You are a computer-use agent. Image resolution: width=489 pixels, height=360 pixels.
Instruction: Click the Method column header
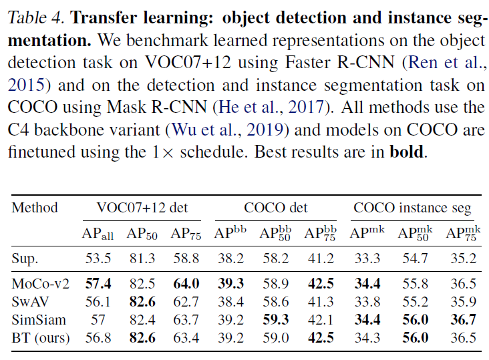click(35, 208)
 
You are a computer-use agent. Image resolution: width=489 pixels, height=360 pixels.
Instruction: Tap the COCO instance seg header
click(412, 208)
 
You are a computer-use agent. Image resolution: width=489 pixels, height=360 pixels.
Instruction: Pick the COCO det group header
click(276, 208)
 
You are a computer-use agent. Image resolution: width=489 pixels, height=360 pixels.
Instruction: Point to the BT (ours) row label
click(41, 338)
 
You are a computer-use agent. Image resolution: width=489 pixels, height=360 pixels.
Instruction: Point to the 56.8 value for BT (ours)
click(98, 338)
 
